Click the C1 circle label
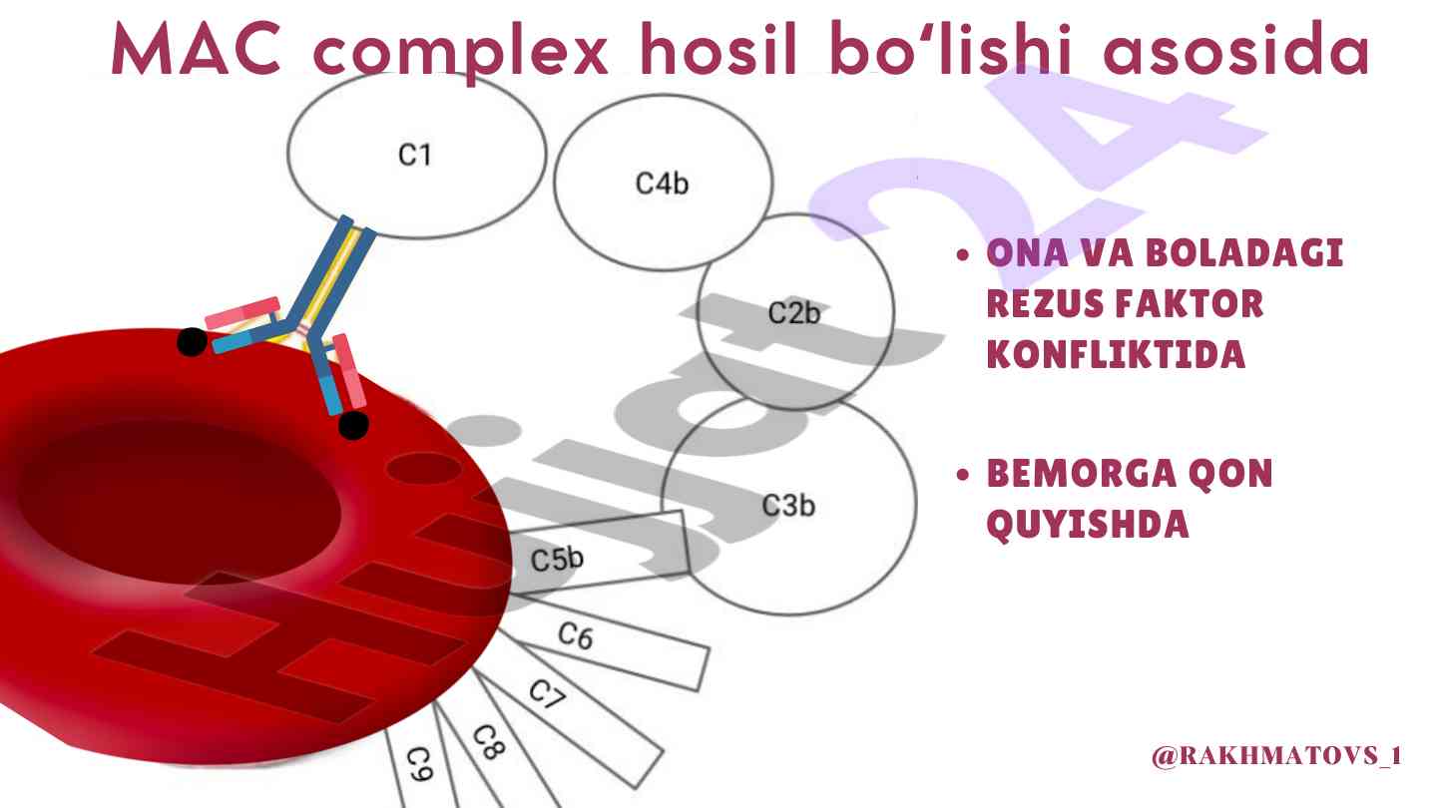(414, 156)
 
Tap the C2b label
(793, 312)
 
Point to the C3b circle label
(788, 506)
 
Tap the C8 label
(487, 743)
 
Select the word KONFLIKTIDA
(1116, 355)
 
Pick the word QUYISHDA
(1088, 526)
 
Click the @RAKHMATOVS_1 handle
(1276, 757)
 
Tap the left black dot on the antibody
(192, 342)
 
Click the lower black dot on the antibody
(353, 425)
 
